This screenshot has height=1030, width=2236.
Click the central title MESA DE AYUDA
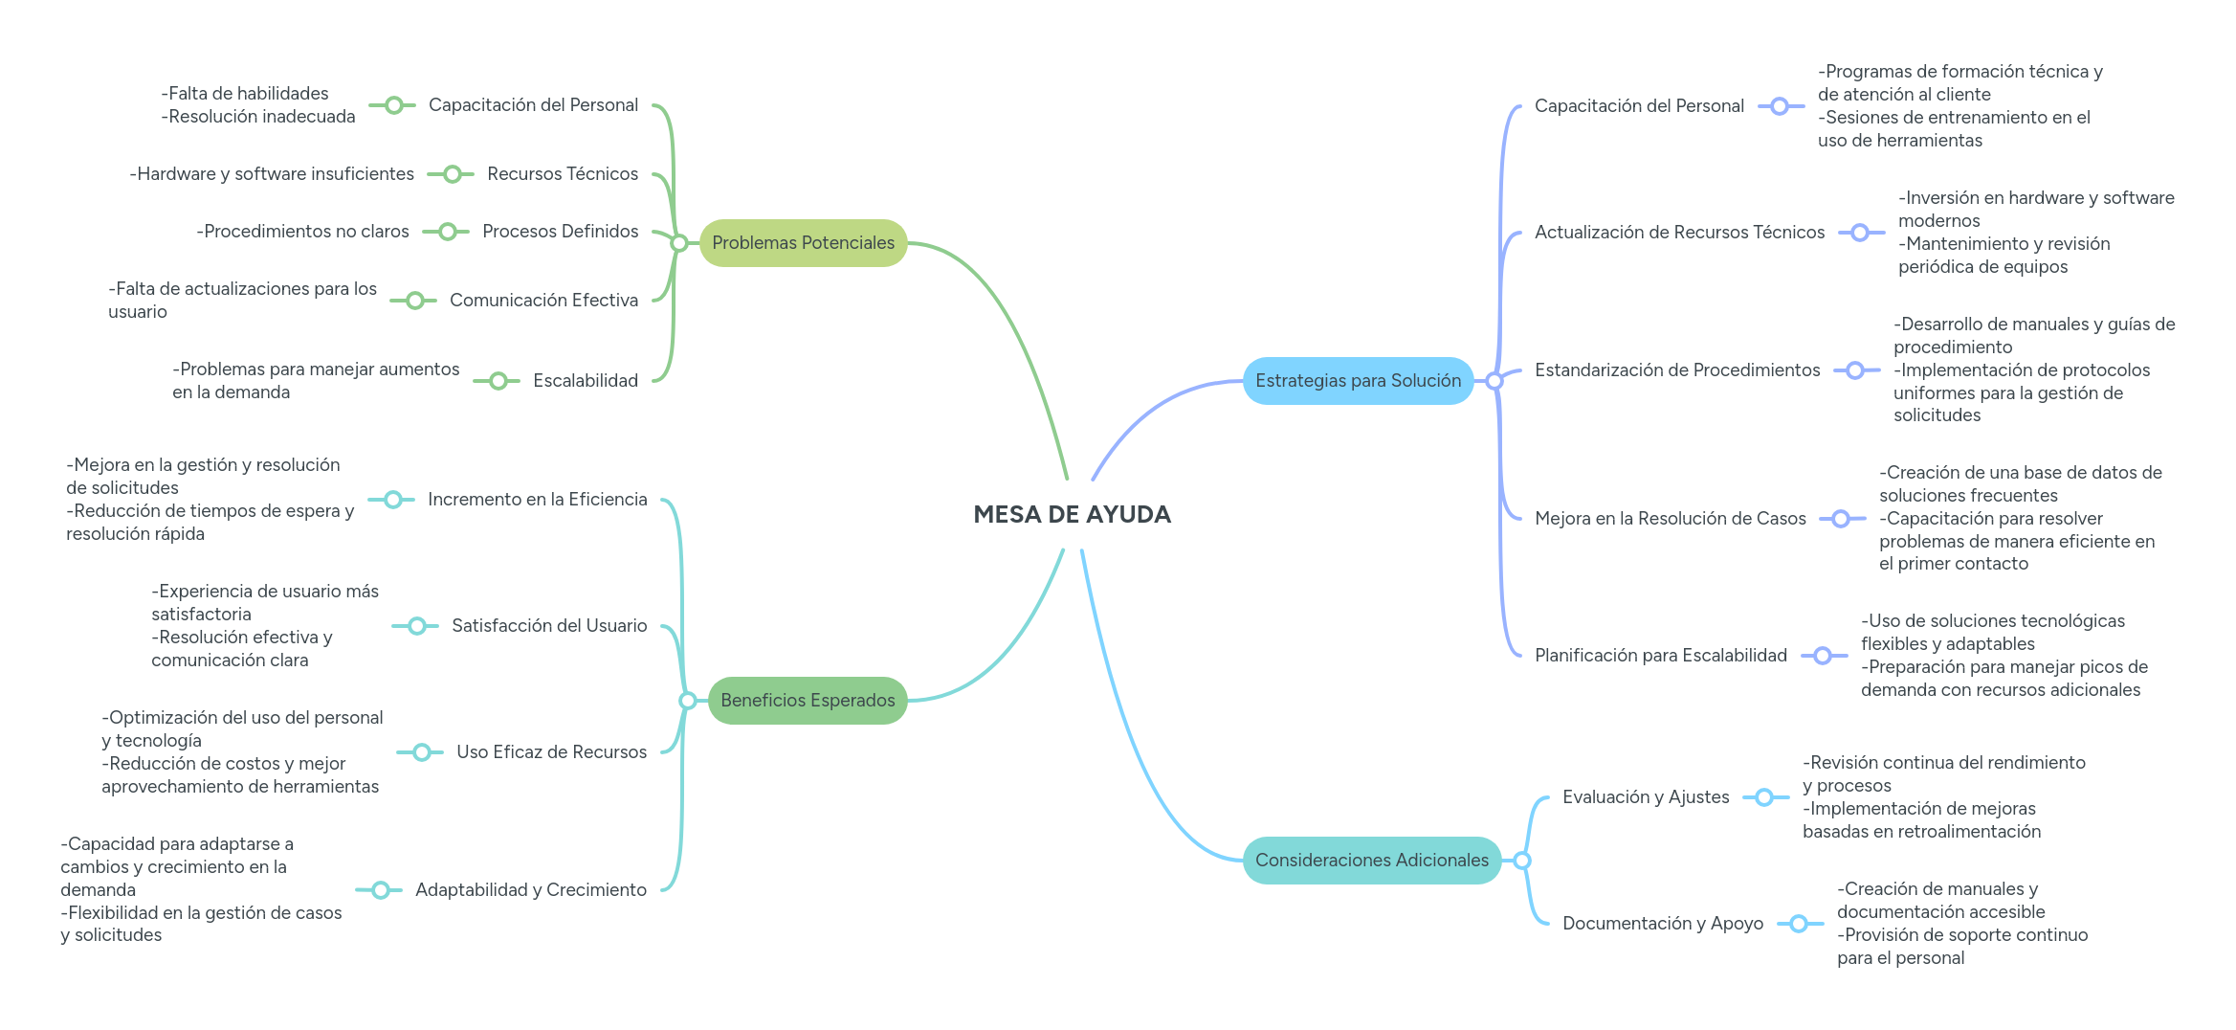1072,515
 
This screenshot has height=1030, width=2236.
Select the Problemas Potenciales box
803,243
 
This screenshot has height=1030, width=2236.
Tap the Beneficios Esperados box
808,701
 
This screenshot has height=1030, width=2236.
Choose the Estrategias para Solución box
1358,381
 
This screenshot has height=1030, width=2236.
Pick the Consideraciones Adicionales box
1371,861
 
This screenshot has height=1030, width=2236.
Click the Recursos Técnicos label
562,174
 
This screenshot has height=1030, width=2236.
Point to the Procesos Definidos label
560,232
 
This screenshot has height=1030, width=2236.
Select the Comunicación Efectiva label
543,301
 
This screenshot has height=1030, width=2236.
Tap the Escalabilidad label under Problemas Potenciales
585,381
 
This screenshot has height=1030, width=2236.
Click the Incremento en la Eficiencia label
537,500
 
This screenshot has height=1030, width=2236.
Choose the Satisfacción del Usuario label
549,626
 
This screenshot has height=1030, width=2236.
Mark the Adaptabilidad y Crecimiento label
530,890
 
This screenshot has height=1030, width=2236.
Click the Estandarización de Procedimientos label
1676,370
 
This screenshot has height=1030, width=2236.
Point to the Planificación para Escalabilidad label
1660,656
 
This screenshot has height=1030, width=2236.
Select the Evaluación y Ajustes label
1645,797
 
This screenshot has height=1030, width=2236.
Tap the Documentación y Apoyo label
1662,924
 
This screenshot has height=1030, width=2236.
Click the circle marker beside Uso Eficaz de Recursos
421,752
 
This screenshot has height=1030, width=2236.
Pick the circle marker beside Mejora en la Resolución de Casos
1841,519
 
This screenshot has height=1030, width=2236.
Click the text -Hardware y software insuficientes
272,174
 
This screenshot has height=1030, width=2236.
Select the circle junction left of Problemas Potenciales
678,243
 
